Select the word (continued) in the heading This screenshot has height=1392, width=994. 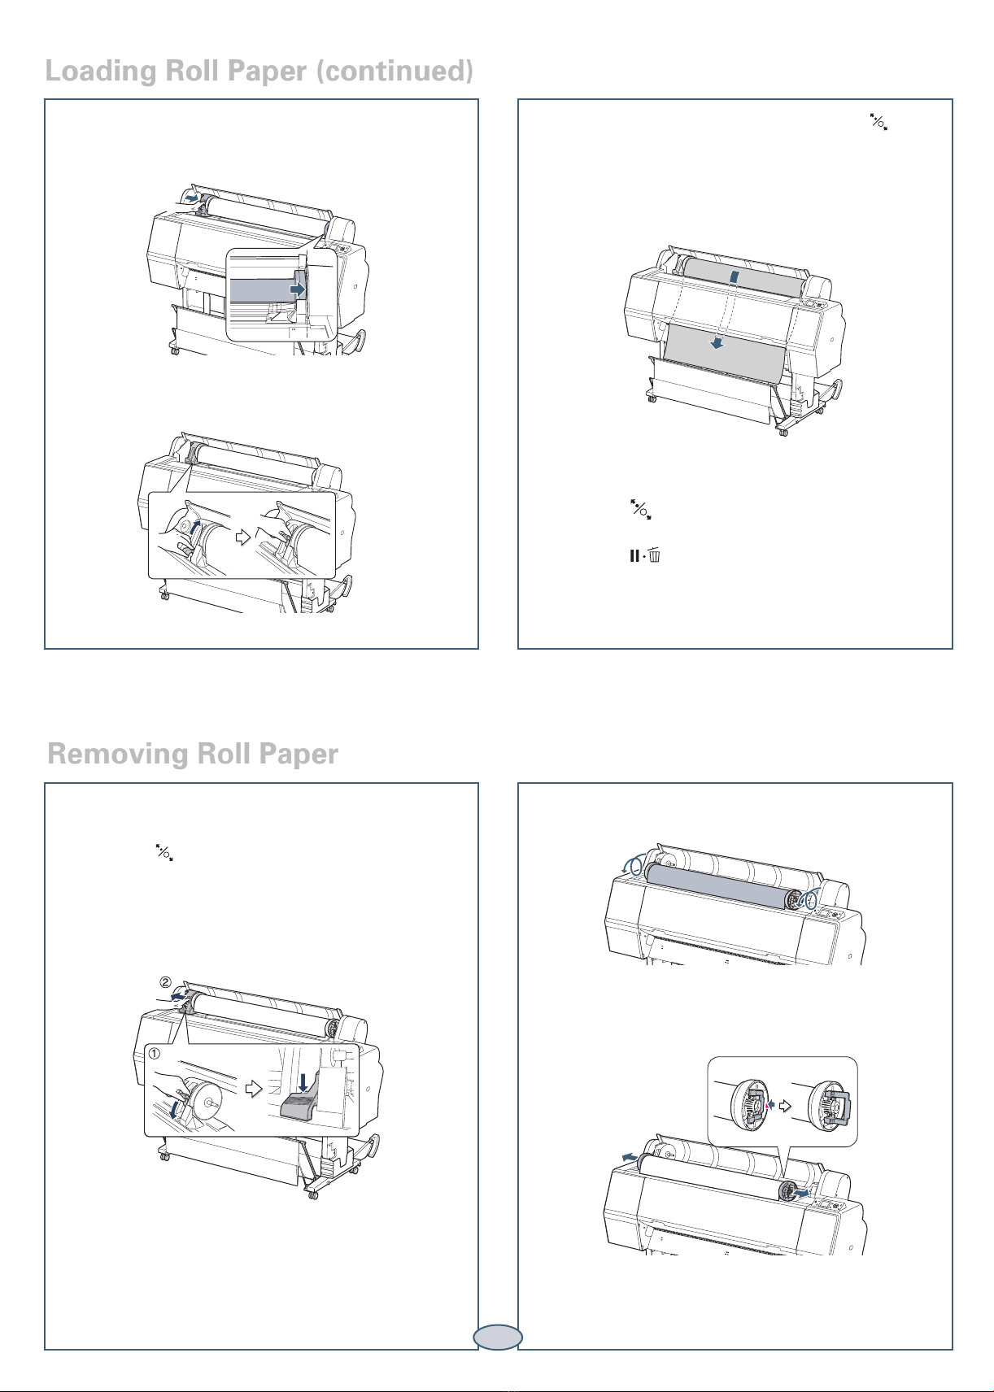pyautogui.click(x=395, y=72)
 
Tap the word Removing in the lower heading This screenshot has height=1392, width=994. pyautogui.click(x=118, y=755)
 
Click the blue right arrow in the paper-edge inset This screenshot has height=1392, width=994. pyautogui.click(x=299, y=289)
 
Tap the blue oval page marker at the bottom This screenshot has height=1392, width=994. pyautogui.click(x=497, y=1336)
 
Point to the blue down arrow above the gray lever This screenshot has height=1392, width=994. pyautogui.click(x=303, y=1081)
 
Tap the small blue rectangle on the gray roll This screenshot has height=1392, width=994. pyautogui.click(x=735, y=277)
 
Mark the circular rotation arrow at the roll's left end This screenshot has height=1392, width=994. pyautogui.click(x=632, y=864)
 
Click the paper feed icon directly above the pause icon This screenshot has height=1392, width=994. pyautogui.click(x=641, y=511)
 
